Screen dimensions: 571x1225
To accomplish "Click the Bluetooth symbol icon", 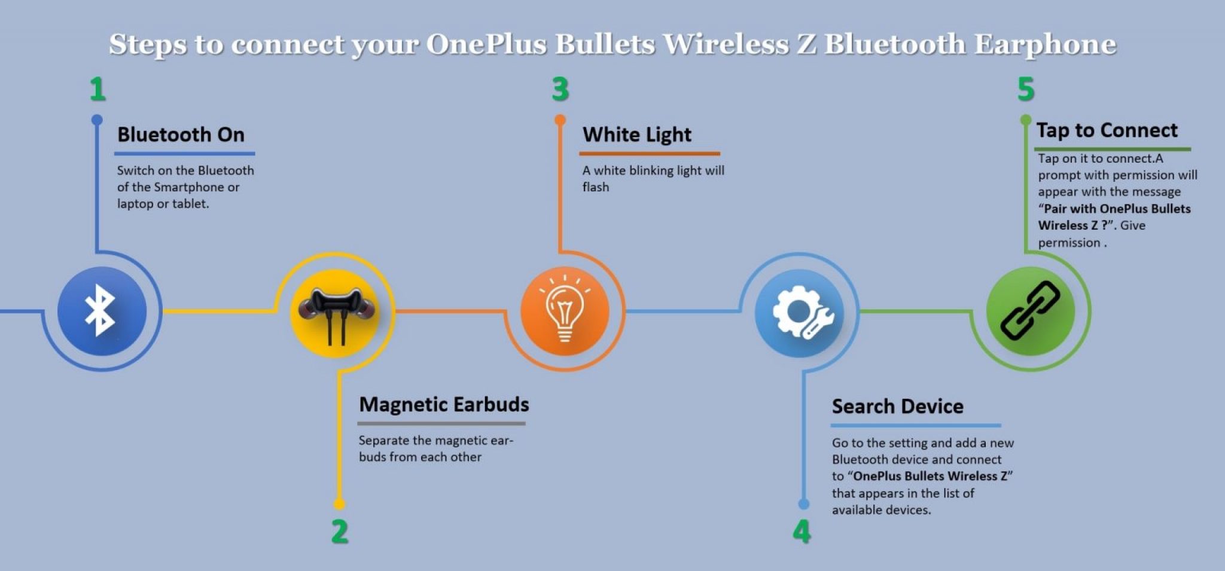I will [x=100, y=310].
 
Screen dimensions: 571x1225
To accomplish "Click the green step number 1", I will [x=97, y=89].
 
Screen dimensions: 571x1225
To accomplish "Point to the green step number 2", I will [x=340, y=531].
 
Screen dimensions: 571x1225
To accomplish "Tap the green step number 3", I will [x=560, y=89].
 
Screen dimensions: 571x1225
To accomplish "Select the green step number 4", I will [x=802, y=531].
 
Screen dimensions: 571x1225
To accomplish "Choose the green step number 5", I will [x=1026, y=89].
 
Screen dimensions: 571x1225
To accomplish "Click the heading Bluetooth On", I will [x=181, y=135].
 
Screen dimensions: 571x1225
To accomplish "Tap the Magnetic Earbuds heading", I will [x=444, y=405].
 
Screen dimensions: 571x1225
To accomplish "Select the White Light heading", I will [x=637, y=135].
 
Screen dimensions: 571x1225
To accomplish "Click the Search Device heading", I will [x=897, y=407].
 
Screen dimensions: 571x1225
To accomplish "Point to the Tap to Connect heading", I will [x=1107, y=130].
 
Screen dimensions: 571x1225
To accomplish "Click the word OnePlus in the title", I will [x=486, y=44].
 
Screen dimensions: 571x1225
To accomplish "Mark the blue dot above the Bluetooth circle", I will [x=97, y=120].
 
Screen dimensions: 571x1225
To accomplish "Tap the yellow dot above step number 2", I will [x=339, y=503].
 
